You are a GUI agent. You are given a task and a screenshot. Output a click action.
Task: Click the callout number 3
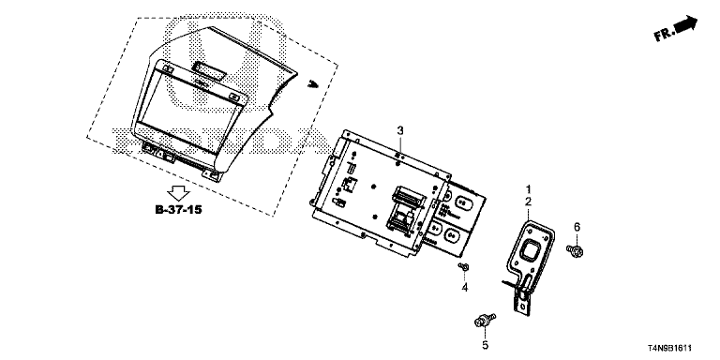[400, 130]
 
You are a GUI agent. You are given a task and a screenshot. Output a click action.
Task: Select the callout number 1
[528, 188]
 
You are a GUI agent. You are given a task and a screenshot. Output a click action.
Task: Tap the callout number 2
[528, 202]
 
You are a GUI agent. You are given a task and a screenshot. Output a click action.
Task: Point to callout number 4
[465, 288]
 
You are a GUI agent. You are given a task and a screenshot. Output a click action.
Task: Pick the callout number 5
[486, 345]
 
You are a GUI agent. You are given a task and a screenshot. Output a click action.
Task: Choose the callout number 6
[577, 227]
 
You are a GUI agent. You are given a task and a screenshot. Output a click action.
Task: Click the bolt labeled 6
[575, 250]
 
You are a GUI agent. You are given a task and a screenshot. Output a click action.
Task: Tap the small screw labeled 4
[463, 266]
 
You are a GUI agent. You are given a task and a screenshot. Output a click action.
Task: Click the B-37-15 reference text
[179, 210]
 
